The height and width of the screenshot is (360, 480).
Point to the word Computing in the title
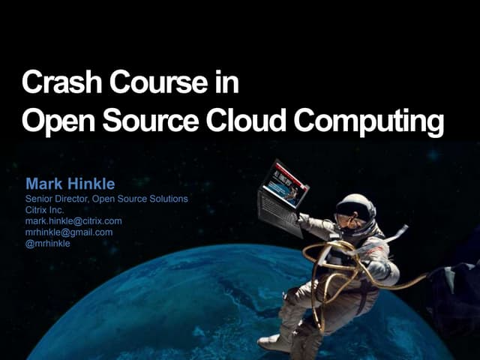(367, 121)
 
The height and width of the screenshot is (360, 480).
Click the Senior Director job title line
(106, 199)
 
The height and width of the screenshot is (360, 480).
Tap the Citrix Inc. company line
(45, 210)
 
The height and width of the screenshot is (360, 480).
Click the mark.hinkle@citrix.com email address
(73, 220)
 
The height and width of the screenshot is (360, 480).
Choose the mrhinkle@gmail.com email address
(69, 232)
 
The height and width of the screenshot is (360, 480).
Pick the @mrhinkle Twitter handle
(48, 242)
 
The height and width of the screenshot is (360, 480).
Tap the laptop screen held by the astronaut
(285, 180)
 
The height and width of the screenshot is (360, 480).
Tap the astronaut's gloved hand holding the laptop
(304, 220)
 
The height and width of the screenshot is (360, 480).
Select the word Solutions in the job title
(169, 199)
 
